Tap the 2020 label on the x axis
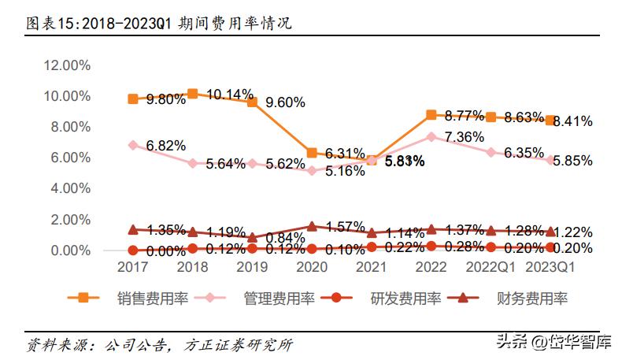312,268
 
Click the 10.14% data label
230,95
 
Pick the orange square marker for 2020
312,153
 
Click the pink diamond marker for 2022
431,136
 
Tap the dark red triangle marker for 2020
312,226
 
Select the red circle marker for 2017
133,251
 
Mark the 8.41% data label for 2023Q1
573,121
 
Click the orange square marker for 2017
133,99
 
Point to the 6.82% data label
166,146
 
